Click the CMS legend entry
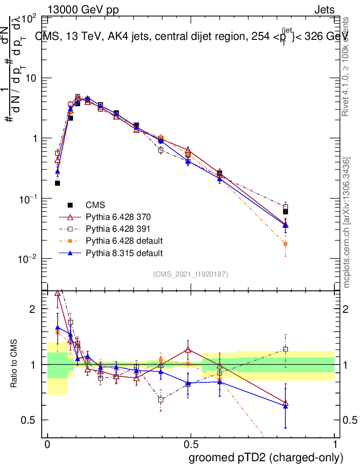point(97,205)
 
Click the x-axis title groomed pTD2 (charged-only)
point(265,458)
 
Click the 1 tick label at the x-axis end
point(335,445)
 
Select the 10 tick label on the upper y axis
point(30,78)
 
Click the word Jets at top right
point(324,10)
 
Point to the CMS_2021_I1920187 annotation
point(191,274)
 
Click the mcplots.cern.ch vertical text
point(347,223)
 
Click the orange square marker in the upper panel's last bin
point(285,244)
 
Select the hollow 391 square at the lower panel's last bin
point(285,349)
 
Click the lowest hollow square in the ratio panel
point(161,399)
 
